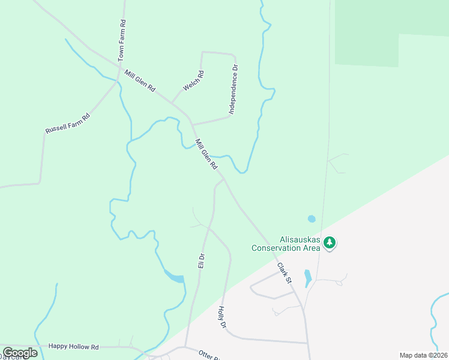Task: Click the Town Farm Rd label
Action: coord(122,40)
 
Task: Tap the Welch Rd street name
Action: coord(193,81)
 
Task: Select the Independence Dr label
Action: coord(234,89)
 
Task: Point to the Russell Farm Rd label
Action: coord(67,123)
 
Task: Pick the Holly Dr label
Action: coord(221,317)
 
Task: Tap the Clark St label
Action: coord(285,272)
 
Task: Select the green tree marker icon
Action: coord(329,243)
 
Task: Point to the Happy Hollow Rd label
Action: coord(73,347)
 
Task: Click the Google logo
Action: coord(20,353)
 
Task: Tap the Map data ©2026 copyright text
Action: coord(423,355)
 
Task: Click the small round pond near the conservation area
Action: coord(311,219)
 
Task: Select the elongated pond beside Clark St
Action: coord(308,278)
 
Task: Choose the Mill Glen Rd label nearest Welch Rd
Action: coord(140,81)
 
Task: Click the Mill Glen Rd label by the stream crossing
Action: coord(206,154)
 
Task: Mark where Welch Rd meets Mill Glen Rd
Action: coord(172,103)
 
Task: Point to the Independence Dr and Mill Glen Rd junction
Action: coord(192,124)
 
